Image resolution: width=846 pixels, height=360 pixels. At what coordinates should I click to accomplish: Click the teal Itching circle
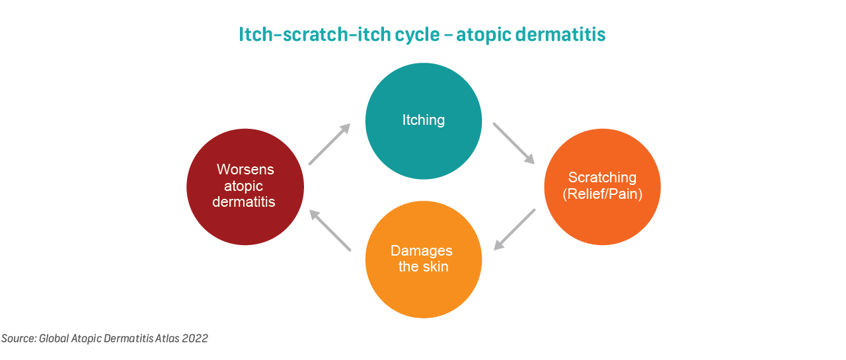424,121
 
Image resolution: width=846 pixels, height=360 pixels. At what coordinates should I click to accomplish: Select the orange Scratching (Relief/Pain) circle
602,187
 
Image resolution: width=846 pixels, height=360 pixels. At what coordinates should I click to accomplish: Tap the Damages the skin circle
424,259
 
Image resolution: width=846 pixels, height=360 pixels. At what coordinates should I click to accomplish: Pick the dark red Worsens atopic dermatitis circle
245,187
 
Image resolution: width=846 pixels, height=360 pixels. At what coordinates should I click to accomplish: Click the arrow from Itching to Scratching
514,143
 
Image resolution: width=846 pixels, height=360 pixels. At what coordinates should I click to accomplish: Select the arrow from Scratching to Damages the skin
514,229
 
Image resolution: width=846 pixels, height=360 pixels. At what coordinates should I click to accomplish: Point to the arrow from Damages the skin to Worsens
330,230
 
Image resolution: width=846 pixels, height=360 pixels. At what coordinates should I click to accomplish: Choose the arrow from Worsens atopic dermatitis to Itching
330,144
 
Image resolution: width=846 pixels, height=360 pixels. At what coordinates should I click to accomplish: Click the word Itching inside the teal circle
424,120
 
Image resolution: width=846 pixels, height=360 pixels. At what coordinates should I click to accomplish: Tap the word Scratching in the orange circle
602,178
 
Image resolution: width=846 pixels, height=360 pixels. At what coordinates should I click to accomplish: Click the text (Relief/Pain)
602,194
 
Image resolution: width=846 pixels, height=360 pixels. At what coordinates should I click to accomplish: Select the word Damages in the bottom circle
422,251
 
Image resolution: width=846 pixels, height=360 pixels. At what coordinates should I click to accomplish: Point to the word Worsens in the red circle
245,170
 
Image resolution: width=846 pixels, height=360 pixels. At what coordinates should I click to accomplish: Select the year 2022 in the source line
195,338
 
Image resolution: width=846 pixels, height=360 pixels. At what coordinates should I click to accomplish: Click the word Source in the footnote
18,338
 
